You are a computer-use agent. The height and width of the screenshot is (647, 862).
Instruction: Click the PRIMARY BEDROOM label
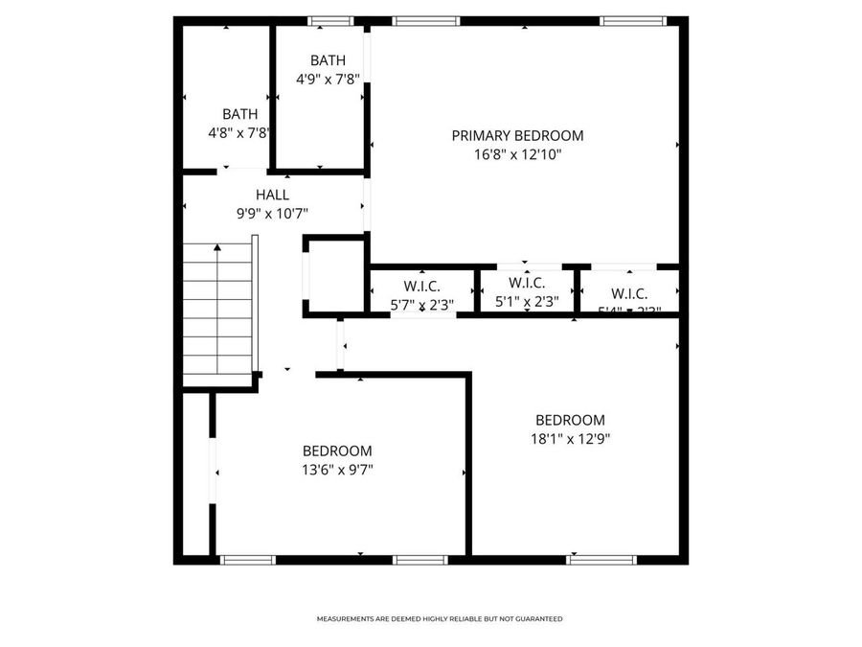pos(517,136)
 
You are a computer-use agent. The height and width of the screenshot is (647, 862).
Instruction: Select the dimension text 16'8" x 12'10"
pos(517,154)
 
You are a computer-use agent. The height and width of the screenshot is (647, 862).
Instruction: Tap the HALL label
pos(272,195)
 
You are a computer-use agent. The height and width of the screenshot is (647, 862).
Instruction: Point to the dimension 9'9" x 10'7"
pos(272,214)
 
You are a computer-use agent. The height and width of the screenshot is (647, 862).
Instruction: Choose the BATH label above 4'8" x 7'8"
pos(239,114)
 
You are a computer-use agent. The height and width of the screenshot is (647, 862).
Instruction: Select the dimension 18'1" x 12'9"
pos(570,439)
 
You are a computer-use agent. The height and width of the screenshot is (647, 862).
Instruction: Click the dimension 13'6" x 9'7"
pos(337,470)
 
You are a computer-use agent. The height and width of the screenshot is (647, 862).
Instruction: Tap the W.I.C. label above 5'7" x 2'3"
pos(421,286)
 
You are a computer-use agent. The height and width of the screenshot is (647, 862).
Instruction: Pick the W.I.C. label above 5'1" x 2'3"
pos(527,283)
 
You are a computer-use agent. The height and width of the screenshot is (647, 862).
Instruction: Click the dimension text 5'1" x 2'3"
pos(527,301)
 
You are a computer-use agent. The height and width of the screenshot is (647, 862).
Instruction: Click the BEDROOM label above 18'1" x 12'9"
pos(570,420)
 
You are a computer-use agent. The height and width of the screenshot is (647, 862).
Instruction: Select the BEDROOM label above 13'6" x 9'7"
pos(337,451)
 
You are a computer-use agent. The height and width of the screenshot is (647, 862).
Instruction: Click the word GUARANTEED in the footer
pos(540,619)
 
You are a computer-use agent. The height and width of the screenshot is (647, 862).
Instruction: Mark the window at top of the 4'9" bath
pos(330,20)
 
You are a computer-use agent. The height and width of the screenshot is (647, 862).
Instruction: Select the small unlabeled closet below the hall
pos(335,275)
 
